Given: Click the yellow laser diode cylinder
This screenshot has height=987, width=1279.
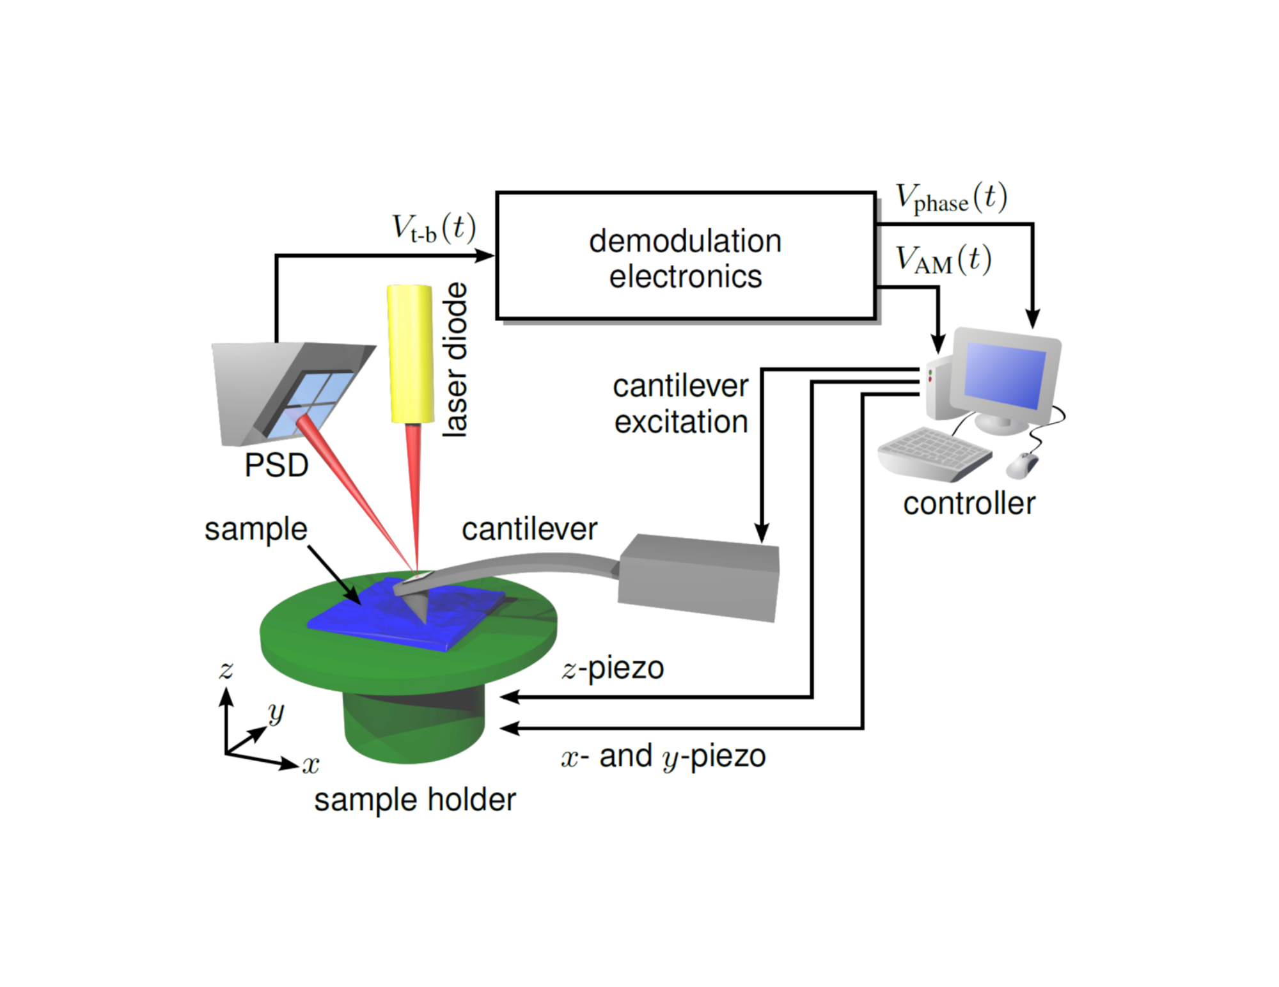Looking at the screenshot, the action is [x=409, y=354].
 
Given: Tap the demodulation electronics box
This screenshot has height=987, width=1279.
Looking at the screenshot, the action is [x=686, y=255].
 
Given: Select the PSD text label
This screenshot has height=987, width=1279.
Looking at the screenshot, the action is [x=276, y=465].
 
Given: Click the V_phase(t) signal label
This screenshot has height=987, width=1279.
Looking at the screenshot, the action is [x=951, y=198].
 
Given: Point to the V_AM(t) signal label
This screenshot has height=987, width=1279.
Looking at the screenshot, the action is [x=943, y=260].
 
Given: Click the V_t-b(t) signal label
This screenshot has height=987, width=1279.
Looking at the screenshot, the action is [x=434, y=228].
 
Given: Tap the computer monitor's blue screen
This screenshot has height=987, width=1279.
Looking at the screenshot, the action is [x=1005, y=375].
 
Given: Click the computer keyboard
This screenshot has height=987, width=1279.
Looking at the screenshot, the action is [x=934, y=453].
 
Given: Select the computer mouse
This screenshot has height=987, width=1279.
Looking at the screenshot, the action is [x=1022, y=465].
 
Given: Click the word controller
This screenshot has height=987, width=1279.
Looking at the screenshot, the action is [x=969, y=503].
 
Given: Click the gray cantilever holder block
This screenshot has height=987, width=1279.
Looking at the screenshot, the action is [x=698, y=578].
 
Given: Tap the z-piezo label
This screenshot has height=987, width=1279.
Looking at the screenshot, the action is [x=613, y=668].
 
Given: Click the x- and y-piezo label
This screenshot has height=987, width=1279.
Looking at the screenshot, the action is [x=663, y=757].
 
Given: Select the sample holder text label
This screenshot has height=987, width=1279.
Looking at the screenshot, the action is [x=414, y=800].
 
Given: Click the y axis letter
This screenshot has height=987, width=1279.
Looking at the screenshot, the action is [x=276, y=711].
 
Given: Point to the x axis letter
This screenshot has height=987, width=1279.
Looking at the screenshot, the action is [x=311, y=764].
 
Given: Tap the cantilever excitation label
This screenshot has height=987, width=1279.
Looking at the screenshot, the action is [x=680, y=404].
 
